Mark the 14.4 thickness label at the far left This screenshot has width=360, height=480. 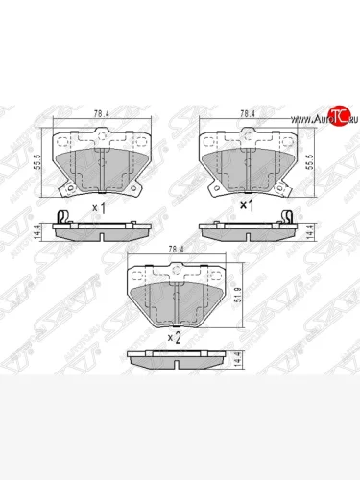point(39,231)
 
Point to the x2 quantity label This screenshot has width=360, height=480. point(174,337)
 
